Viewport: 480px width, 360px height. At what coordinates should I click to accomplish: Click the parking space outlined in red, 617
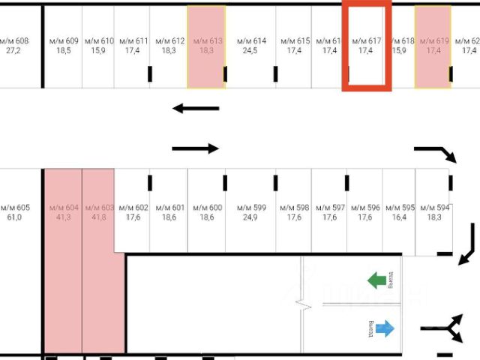(x=366, y=46)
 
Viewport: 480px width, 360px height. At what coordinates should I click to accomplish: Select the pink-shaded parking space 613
(x=206, y=46)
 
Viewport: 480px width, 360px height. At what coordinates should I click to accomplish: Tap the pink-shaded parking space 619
(x=433, y=46)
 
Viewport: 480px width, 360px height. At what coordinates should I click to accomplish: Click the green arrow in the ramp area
(x=376, y=280)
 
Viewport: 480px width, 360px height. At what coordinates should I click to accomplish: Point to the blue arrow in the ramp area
(x=385, y=328)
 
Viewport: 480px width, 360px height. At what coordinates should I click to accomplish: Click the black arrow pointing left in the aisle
(x=196, y=109)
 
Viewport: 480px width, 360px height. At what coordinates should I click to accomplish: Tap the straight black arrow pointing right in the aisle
(x=196, y=148)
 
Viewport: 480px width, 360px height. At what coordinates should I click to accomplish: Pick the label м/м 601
(x=169, y=208)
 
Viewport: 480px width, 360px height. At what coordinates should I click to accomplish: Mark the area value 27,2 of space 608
(x=13, y=51)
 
